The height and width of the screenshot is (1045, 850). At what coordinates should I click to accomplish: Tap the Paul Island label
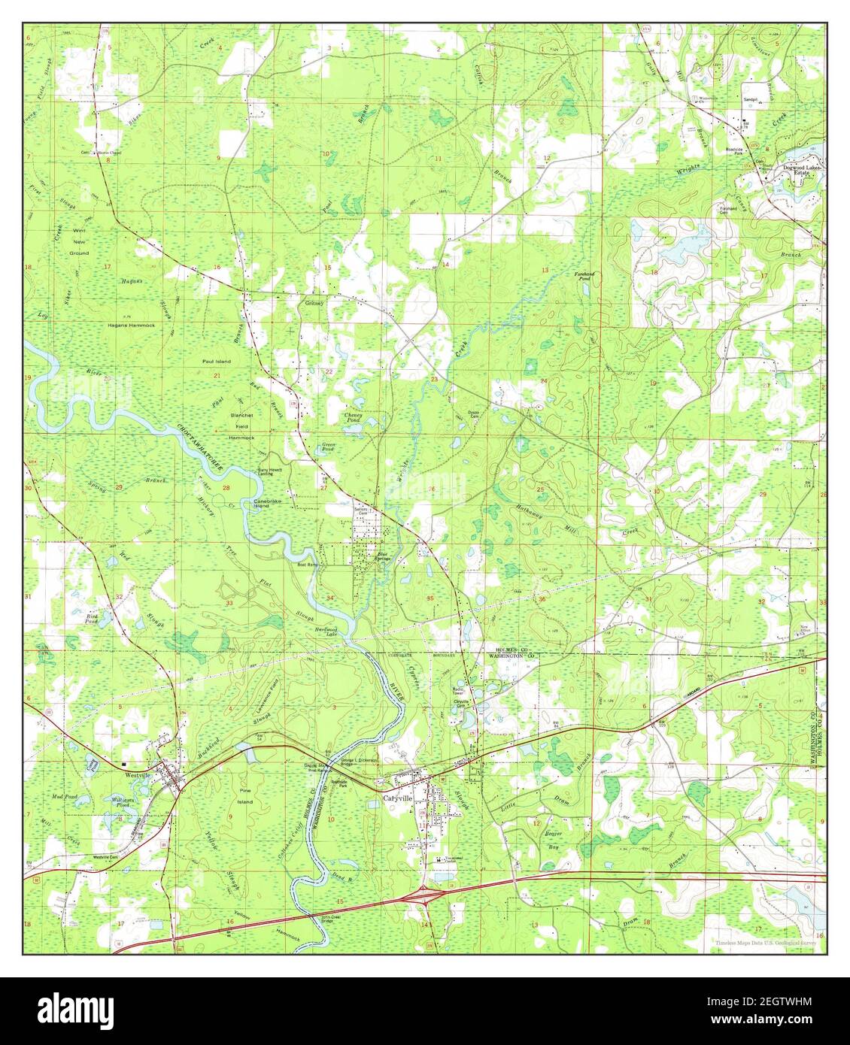pos(216,362)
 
